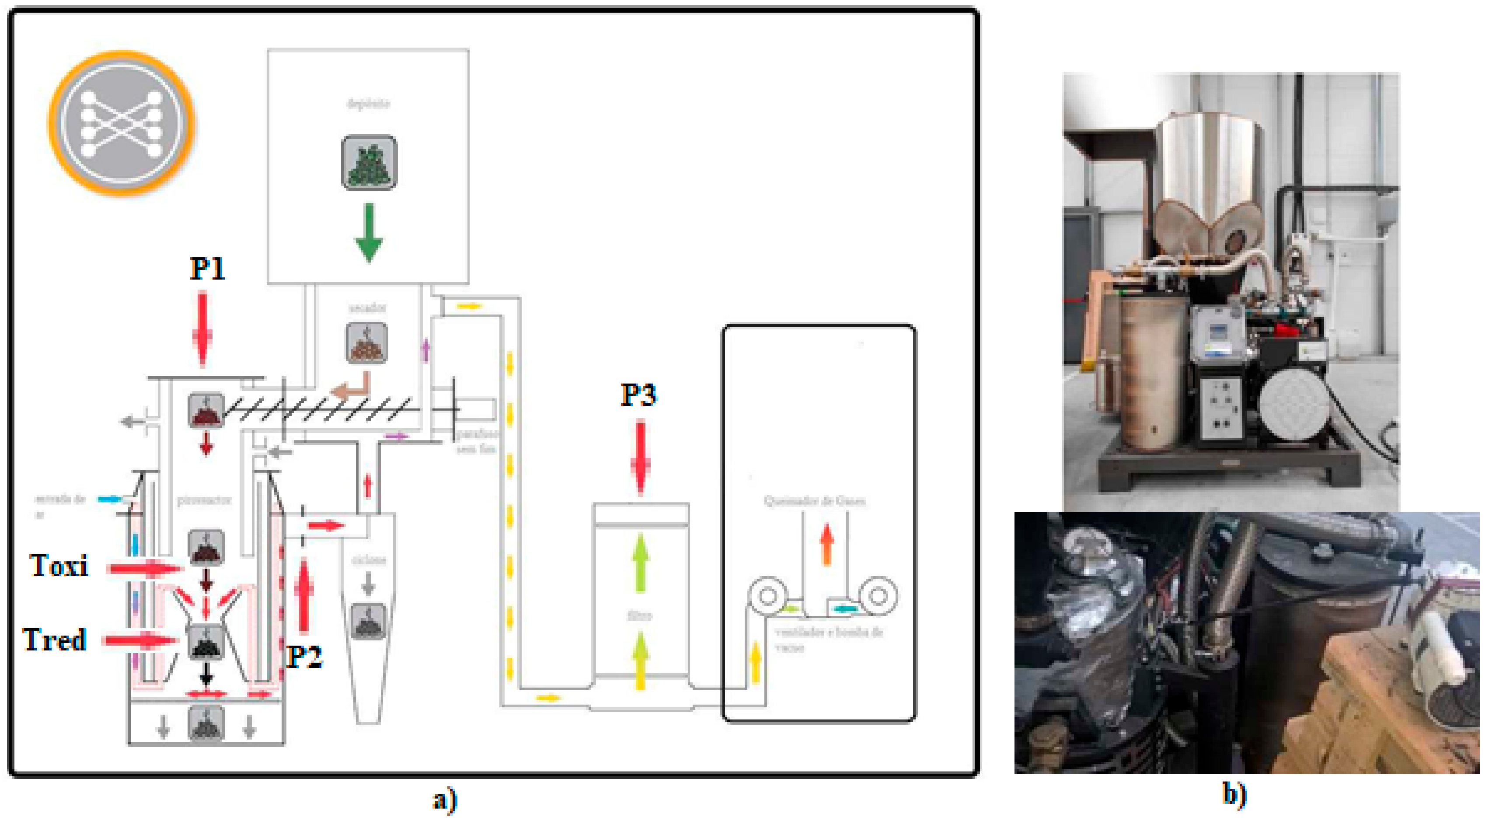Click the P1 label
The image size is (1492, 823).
pos(207,269)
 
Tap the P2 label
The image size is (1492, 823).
pos(305,657)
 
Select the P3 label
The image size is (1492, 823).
pos(638,395)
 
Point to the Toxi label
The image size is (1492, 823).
pos(59,566)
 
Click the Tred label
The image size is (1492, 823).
pos(55,640)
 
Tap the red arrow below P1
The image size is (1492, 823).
pos(202,330)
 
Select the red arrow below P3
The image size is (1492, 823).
pos(640,458)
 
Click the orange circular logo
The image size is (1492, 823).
pos(122,123)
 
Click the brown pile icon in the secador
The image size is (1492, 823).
pos(366,343)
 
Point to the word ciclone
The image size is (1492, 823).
pos(368,560)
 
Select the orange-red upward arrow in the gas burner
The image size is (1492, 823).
pos(827,544)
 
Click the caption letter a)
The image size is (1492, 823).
pos(445,800)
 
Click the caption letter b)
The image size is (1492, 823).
pos(1234,794)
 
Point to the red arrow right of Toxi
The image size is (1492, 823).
pos(145,569)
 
